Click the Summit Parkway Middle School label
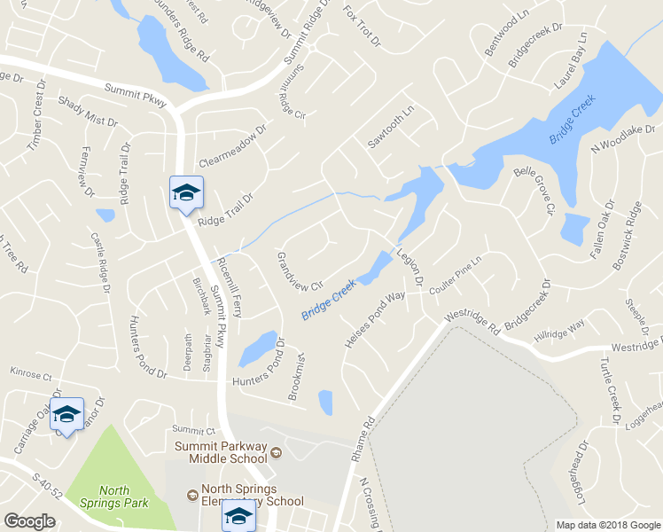click(227, 452)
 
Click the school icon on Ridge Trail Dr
click(186, 193)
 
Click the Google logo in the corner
click(29, 521)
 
